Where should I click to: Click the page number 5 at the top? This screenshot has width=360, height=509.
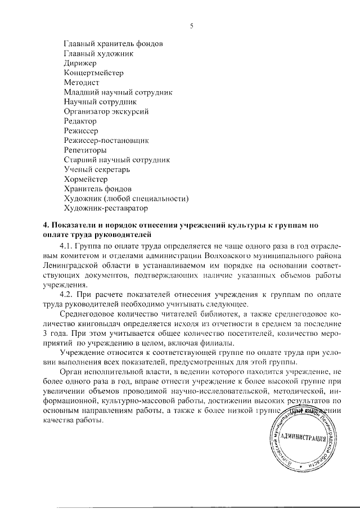(192, 25)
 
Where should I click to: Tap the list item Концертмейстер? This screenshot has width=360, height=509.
(93, 73)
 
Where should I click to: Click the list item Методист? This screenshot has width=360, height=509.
(82, 83)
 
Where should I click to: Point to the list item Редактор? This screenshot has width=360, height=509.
(80, 121)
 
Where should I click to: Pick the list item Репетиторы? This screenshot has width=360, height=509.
(85, 150)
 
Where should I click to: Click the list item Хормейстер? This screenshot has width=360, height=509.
(85, 179)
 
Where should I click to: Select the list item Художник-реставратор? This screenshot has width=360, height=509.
(106, 208)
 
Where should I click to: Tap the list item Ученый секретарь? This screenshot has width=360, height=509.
(97, 169)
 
